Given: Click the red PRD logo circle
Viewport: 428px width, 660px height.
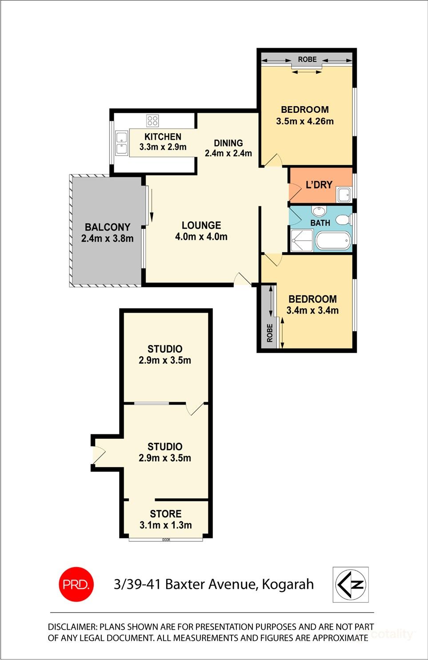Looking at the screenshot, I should [76, 584].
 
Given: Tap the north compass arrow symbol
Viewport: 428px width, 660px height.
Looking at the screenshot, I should [351, 584].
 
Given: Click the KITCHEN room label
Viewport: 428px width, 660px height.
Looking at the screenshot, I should [163, 137].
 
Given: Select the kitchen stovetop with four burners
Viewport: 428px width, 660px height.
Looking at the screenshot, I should [152, 120].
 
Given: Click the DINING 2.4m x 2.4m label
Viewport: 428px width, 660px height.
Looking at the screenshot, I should [228, 148].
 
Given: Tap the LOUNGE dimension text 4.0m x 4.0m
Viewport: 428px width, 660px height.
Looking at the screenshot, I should [201, 237].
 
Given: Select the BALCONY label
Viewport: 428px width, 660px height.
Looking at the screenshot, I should [108, 227].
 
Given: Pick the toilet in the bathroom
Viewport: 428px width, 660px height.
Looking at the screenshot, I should [343, 220].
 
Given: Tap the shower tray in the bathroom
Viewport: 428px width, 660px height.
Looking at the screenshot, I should [302, 240].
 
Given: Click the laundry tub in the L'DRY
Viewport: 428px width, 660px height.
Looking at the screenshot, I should [344, 194].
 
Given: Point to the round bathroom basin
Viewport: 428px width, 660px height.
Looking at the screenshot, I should [319, 211].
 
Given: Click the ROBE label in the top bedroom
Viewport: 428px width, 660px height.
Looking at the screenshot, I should [307, 59].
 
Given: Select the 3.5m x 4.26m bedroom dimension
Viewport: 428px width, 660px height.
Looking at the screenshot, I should [305, 121].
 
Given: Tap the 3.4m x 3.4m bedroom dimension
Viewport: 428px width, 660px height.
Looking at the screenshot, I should [312, 310].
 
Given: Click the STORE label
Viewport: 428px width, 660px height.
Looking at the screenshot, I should [165, 514].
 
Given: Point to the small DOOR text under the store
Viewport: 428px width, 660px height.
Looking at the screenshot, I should [166, 540].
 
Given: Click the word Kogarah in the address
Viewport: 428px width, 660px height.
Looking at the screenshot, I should [288, 584].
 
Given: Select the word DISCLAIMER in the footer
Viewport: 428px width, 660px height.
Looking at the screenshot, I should [72, 627].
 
